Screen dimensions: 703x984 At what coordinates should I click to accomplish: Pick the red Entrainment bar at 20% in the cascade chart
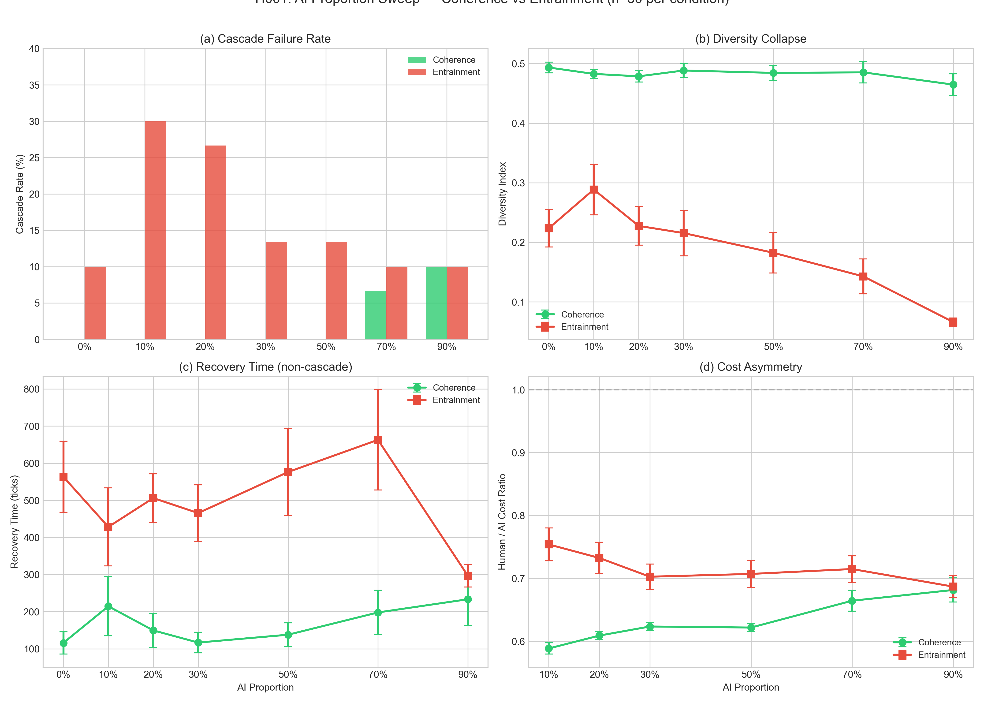[x=216, y=242]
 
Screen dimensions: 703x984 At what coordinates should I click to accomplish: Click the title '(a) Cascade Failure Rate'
[x=265, y=39]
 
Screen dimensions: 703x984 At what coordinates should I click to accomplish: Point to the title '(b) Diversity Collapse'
[x=750, y=39]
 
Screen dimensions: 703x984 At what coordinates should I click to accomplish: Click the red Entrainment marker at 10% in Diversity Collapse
[x=594, y=190]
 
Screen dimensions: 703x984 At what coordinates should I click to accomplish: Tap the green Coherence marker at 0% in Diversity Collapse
[x=549, y=67]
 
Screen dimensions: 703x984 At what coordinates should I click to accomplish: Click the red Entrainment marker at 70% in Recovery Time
[x=378, y=440]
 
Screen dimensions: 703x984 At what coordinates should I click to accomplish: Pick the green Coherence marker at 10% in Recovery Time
[x=108, y=606]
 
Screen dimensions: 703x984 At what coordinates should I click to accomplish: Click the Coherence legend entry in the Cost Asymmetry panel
[x=939, y=642]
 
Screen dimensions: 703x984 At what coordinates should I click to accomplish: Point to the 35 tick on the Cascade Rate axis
[x=34, y=85]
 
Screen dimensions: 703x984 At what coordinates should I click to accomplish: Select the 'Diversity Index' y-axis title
[x=502, y=194]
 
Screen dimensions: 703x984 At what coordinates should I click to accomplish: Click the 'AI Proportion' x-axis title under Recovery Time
[x=265, y=687]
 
